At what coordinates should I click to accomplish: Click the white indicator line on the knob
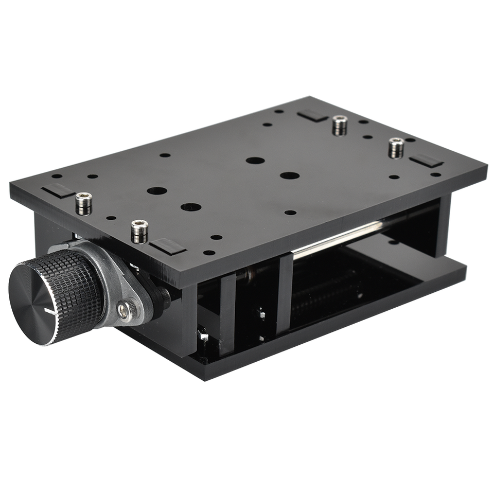pyautogui.click(x=51, y=312)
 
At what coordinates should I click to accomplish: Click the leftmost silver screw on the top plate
pyautogui.click(x=83, y=203)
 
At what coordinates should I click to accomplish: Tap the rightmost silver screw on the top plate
pyautogui.click(x=396, y=148)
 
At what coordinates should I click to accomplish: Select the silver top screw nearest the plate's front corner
pyautogui.click(x=139, y=231)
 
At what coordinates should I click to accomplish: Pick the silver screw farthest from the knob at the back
pyautogui.click(x=340, y=125)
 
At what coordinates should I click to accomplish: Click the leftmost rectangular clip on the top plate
pyautogui.click(x=58, y=190)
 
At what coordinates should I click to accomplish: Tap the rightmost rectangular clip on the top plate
pyautogui.click(x=426, y=160)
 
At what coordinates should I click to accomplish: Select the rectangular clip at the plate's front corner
pyautogui.click(x=167, y=246)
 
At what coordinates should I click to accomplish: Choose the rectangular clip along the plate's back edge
pyautogui.click(x=312, y=115)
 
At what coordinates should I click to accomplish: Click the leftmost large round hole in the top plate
pyautogui.click(x=156, y=191)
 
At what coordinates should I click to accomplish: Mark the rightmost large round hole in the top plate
pyautogui.click(x=290, y=175)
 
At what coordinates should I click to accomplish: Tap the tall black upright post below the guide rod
pyautogui.click(x=285, y=293)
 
